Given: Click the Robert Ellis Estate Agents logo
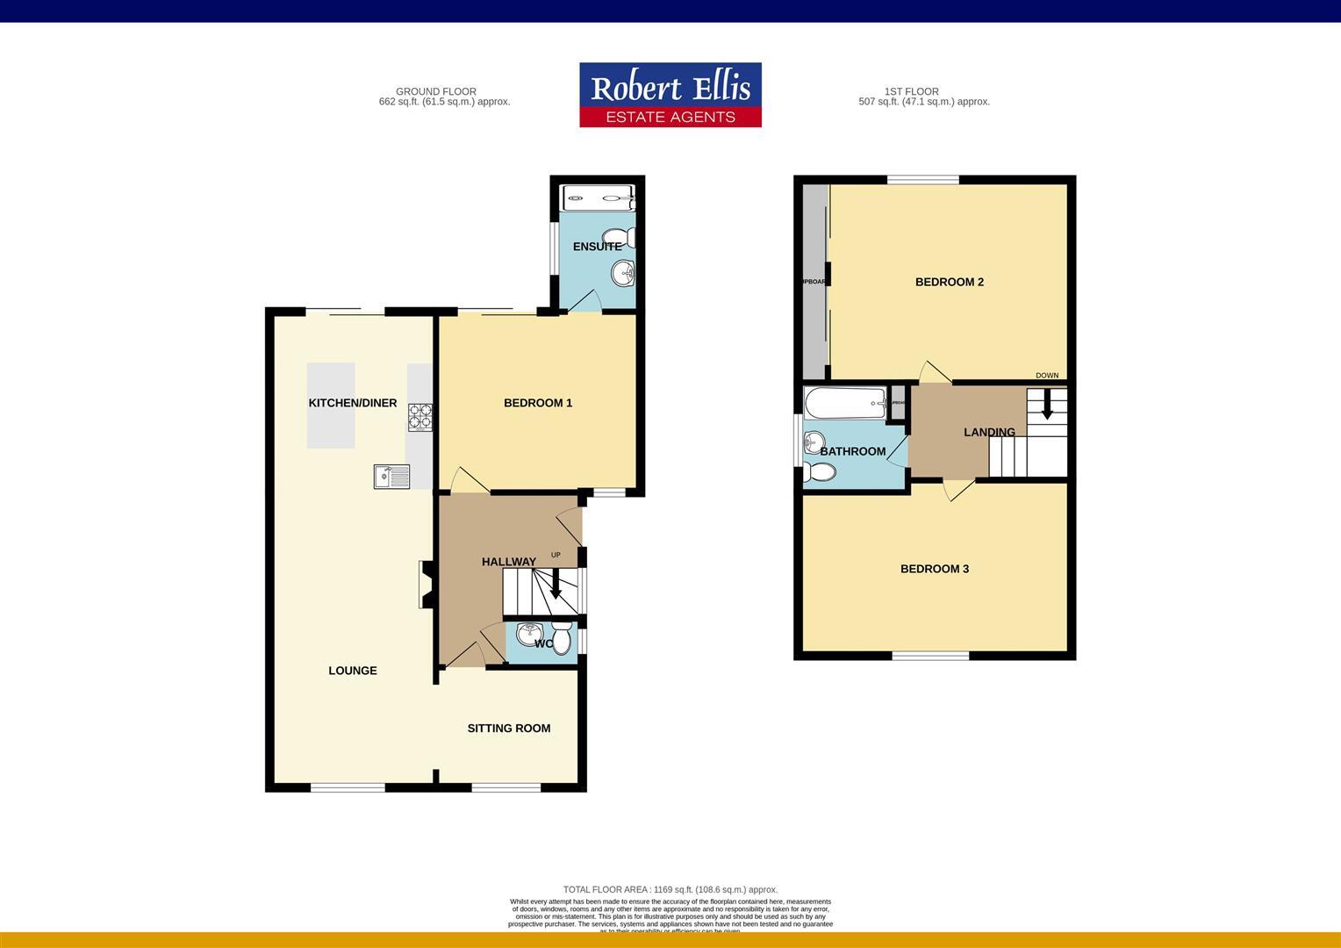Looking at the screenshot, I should (670, 95).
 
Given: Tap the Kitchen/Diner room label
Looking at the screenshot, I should (352, 403).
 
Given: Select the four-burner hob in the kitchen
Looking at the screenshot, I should (420, 416).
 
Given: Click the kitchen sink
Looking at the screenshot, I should (391, 477).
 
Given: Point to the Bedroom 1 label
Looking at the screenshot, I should (537, 403).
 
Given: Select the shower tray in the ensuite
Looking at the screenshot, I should (598, 197).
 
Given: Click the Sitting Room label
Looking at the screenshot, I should (508, 728).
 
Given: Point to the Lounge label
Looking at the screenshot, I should (352, 671).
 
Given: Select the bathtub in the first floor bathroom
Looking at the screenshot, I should (844, 404).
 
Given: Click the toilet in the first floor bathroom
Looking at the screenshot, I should (820, 472).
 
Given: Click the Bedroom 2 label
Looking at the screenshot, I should (949, 282).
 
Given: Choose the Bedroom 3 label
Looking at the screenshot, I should (934, 569).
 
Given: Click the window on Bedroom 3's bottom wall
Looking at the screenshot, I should (931, 656).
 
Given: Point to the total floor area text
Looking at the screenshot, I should (670, 889).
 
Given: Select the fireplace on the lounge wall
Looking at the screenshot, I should (426, 585).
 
